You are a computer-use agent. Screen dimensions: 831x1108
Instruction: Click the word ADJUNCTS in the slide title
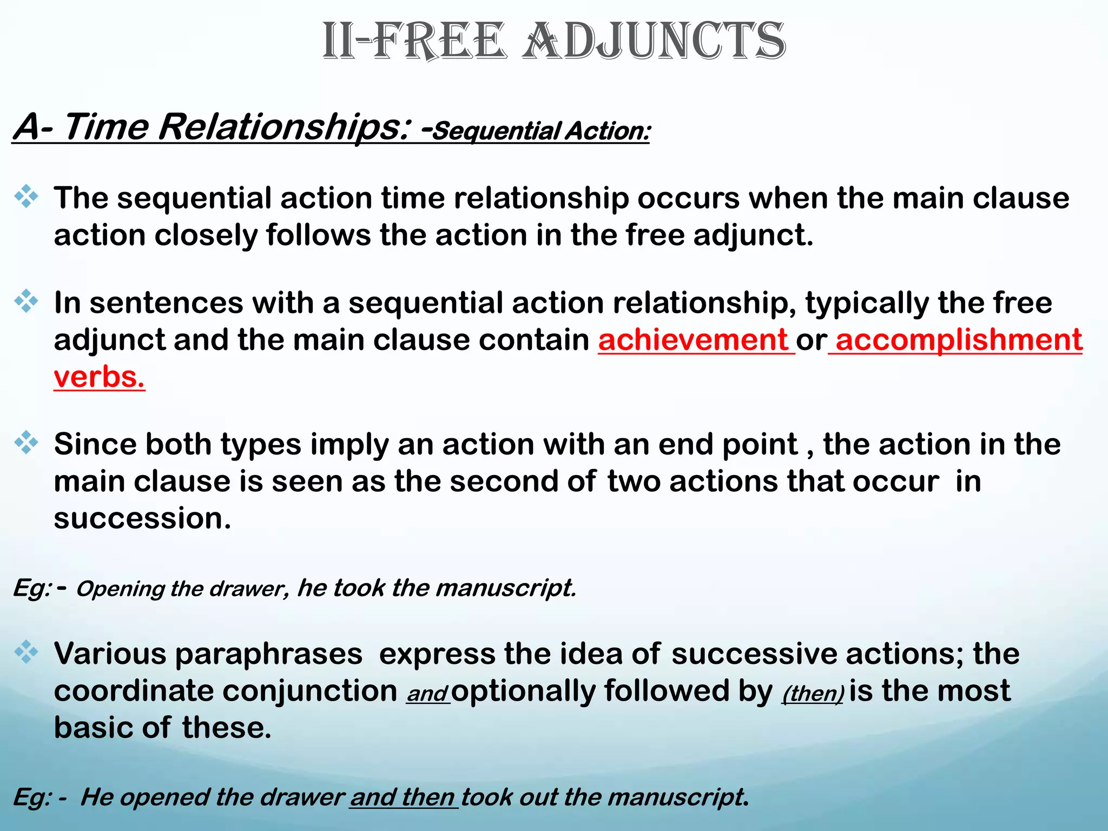click(x=654, y=42)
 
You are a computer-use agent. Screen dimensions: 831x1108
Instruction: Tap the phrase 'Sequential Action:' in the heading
click(x=541, y=131)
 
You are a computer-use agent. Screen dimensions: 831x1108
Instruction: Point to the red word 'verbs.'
click(x=99, y=377)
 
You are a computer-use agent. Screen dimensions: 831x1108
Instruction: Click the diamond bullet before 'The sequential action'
click(x=26, y=197)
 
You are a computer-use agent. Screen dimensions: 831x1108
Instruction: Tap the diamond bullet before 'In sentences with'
click(x=26, y=301)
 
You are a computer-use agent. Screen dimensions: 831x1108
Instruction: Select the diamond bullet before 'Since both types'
click(x=26, y=443)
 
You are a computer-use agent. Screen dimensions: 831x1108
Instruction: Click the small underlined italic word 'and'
click(x=427, y=694)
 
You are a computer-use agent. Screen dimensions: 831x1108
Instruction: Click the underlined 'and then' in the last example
click(x=403, y=797)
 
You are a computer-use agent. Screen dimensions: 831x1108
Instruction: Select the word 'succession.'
click(x=142, y=518)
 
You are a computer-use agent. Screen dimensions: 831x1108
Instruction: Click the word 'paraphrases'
click(x=268, y=654)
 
